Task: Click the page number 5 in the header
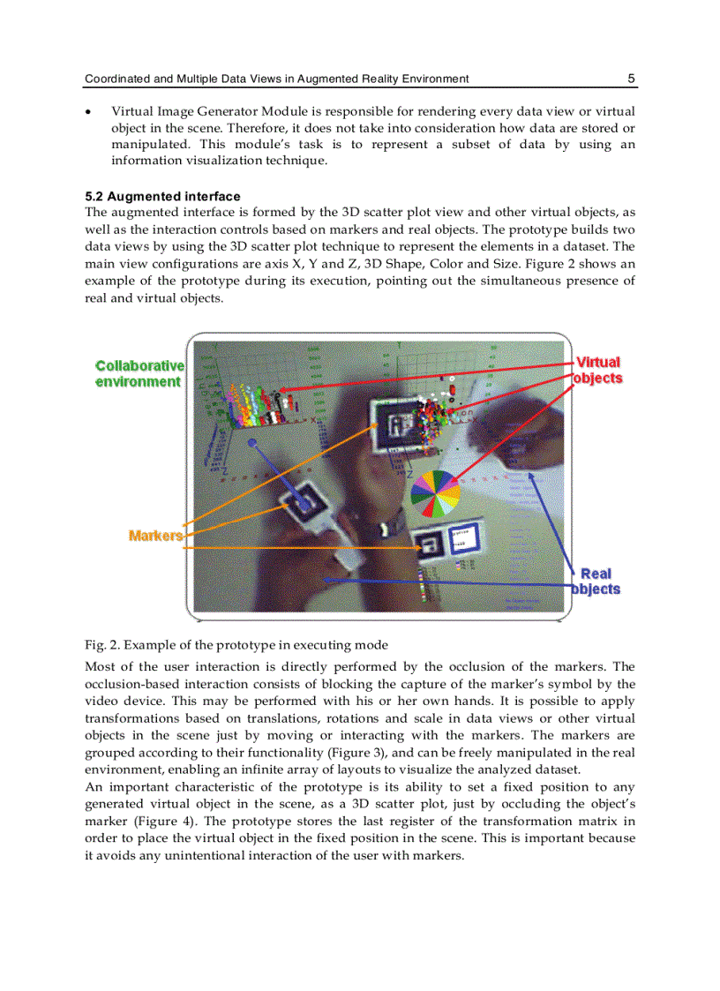pos(631,79)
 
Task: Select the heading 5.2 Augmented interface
pos(162,196)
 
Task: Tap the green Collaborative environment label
pos(139,373)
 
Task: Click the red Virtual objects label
pos(598,370)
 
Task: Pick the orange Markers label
pos(154,535)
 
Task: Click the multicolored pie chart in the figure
pos(435,494)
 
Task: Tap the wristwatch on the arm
pos(386,529)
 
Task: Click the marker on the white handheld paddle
pos(306,503)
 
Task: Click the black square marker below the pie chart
pos(435,544)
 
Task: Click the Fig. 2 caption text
pos(236,644)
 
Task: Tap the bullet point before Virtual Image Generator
pos(88,112)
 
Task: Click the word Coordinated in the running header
pos(117,79)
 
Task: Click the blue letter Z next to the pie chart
pos(409,475)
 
